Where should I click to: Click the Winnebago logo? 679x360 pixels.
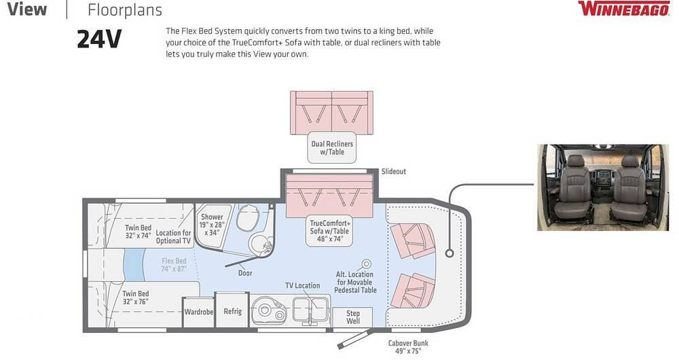[624, 9]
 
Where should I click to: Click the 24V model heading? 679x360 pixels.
[99, 39]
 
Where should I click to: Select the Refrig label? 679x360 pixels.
[232, 312]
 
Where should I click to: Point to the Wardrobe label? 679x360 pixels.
[199, 312]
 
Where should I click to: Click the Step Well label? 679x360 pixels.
[353, 317]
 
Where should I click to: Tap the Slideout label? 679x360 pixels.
[394, 172]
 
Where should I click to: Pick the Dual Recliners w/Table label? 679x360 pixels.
[332, 147]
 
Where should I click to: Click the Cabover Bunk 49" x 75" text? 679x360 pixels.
[408, 347]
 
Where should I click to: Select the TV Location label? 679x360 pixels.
[302, 285]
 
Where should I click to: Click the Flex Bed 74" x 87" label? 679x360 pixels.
[174, 265]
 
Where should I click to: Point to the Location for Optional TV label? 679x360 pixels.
[173, 236]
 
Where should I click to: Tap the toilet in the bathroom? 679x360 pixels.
[248, 217]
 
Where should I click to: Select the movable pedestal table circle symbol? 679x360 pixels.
[367, 264]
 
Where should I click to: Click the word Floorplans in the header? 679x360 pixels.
[125, 10]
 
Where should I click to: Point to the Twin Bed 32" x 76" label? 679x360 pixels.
[136, 298]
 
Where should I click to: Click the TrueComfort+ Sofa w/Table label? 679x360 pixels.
[330, 231]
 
